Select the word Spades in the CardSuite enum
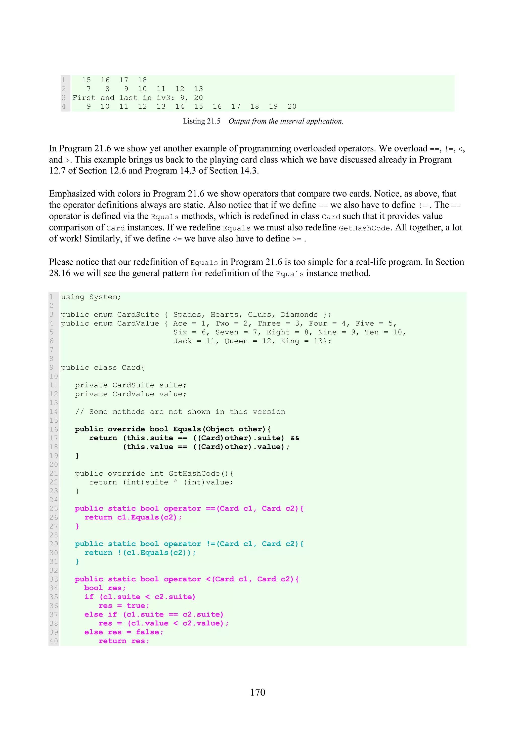[x=187, y=314]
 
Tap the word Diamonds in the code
[x=299, y=314]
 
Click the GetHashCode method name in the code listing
[x=194, y=473]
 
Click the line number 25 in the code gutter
[x=54, y=509]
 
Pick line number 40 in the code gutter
[x=54, y=641]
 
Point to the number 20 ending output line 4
[x=292, y=106]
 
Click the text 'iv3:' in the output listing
[x=166, y=98]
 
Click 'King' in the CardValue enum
[x=290, y=341]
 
